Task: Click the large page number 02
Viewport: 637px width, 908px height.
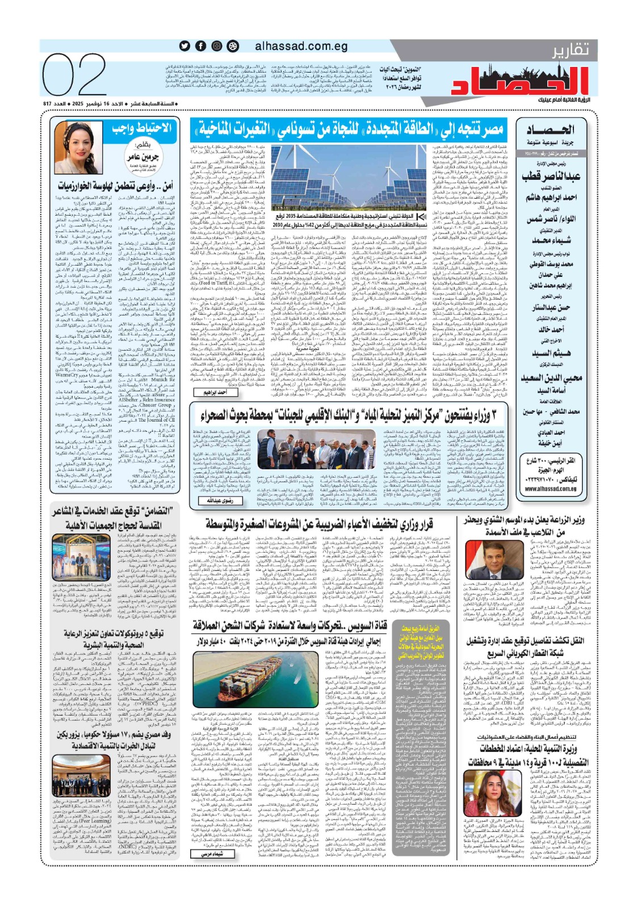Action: [x=74, y=75]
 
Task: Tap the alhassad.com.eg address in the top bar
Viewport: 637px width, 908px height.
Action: [x=301, y=46]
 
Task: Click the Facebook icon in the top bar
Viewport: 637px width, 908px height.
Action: [x=200, y=46]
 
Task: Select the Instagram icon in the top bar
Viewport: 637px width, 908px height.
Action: [x=216, y=46]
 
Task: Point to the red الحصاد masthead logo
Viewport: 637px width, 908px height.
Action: [x=521, y=81]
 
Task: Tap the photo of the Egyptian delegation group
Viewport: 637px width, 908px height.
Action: [x=83, y=775]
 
